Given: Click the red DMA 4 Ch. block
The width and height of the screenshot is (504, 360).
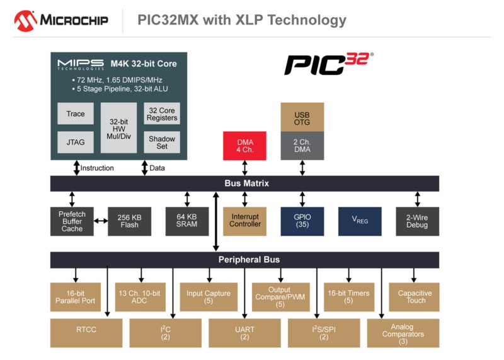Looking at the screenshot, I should coord(244,146).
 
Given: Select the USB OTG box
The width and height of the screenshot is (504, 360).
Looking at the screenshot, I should coord(302,117).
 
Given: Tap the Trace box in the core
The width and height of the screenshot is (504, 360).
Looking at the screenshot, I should coord(76,113).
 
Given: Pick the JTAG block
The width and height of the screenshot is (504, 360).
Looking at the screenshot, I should coord(76,142).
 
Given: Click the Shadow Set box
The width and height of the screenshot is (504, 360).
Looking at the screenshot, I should coord(162,142).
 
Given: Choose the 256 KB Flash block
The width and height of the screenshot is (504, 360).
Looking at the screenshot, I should coord(129,221).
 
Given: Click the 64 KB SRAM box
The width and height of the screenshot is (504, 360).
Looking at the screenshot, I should coord(187,221).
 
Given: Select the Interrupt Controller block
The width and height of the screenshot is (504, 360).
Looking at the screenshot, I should coord(244,221).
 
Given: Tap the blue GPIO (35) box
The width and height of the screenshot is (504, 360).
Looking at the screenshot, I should coord(302,221).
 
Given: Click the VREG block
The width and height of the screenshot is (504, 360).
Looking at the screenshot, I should coord(360,221).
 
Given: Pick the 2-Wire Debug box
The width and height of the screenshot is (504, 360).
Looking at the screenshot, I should coord(417,221).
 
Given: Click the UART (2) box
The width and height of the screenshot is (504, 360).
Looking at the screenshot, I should coord(244,333).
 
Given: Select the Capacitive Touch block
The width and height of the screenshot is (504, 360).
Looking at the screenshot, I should coord(414,296).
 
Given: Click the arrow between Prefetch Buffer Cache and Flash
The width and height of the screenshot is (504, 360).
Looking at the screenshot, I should coord(101,221).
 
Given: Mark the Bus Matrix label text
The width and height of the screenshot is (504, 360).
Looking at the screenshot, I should coord(246,183).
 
